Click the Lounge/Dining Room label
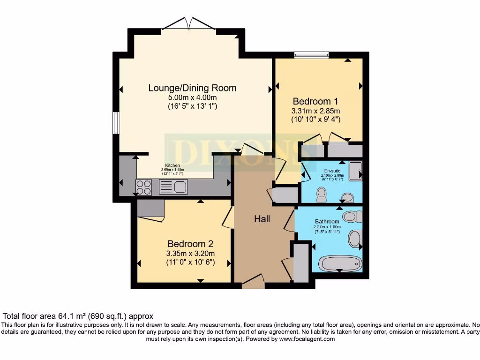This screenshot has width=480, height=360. coord(192,88)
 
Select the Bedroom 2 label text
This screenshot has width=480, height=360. coord(190,244)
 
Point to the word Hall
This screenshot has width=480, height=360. coord(262,219)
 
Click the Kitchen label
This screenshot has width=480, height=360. coord(172,165)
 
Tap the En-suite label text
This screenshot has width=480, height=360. coord(331,171)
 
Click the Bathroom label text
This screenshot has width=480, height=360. coord(327,221)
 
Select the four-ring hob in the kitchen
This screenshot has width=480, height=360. coord(143,187)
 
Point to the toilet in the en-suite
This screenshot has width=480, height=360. coord(322,194)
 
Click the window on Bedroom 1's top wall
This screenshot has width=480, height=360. coord(311,55)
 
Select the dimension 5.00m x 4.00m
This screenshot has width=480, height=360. coord(192,97)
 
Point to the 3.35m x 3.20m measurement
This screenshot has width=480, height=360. coord(190,254)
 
